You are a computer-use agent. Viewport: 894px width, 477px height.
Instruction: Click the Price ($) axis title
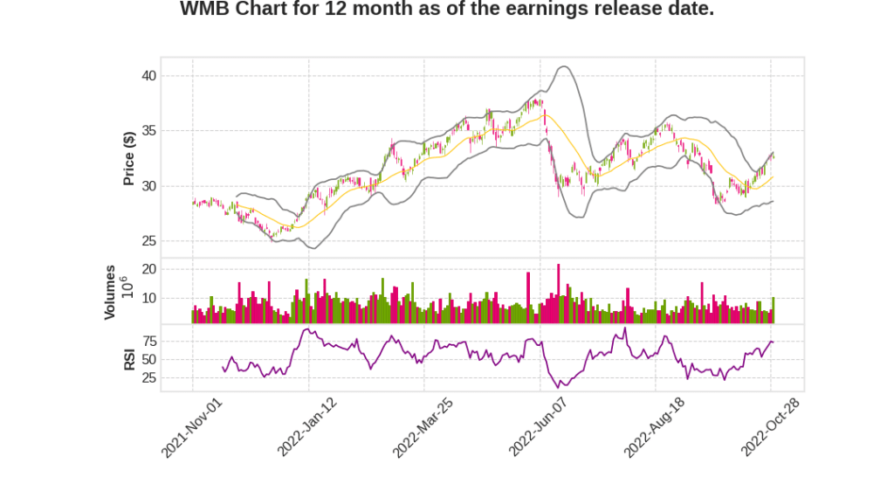pos(128,158)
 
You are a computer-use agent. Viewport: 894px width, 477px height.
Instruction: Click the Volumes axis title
pos(110,292)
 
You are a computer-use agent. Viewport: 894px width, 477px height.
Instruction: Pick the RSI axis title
pos(128,358)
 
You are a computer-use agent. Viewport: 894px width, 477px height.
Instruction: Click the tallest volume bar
pos(559,294)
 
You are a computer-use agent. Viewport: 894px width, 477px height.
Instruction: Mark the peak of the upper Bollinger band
pos(565,66)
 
